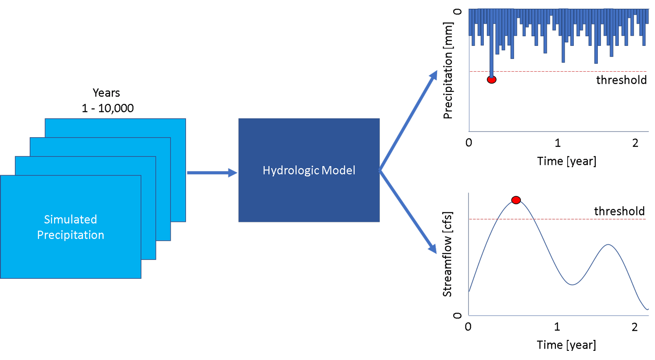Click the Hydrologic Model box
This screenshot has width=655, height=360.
309,170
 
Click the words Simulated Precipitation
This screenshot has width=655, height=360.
70,227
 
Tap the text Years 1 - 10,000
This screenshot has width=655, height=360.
107,100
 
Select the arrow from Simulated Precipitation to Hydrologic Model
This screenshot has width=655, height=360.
212,173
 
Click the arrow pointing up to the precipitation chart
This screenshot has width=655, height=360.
408,120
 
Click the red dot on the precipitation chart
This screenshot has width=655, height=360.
492,80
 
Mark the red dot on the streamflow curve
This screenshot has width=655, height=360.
516,200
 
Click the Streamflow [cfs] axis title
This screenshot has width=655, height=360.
447,254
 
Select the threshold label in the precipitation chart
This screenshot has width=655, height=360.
621,80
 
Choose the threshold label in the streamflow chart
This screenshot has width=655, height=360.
619,211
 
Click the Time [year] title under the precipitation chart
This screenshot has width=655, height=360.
566,161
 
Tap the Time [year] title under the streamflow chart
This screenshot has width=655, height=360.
566,345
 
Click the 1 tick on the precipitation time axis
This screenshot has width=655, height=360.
558,143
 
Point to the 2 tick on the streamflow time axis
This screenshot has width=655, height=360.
634,327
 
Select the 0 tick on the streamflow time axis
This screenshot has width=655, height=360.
468,327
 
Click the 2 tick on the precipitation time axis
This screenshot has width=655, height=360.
635,143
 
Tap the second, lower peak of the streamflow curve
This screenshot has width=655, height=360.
608,245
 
